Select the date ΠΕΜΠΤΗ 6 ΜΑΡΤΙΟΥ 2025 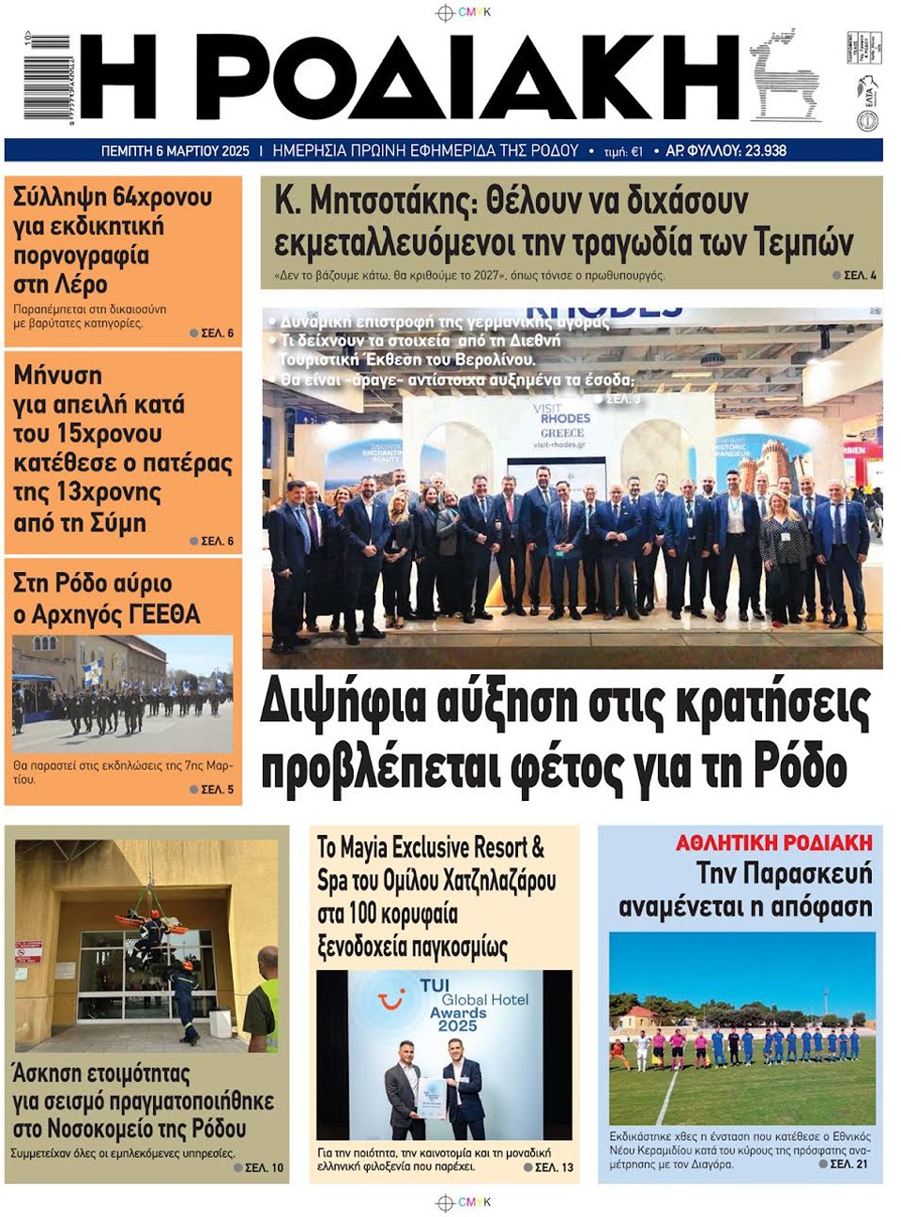click(175, 150)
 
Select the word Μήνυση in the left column click(57, 375)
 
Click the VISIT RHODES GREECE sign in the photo click(563, 425)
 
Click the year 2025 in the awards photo click(457, 1025)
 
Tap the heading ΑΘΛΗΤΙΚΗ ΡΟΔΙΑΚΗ click(773, 842)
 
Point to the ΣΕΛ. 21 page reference click(848, 1164)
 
